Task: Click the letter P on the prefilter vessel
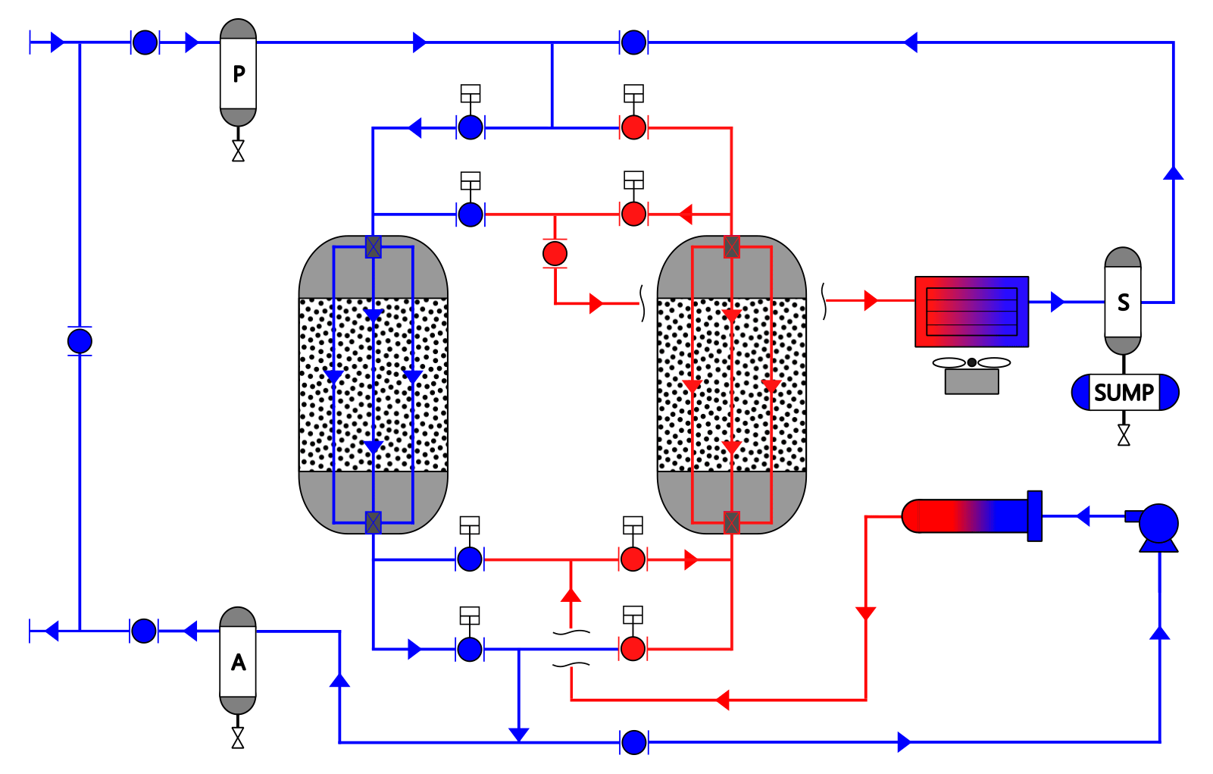click(238, 74)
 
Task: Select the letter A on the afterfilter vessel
click(238, 663)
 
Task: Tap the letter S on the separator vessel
click(1124, 302)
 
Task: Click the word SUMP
click(1124, 393)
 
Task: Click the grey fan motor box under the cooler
click(972, 381)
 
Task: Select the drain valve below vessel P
click(238, 151)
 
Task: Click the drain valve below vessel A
click(238, 738)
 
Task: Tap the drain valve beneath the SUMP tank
click(1124, 435)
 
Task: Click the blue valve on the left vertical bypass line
click(80, 341)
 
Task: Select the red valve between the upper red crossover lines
click(555, 253)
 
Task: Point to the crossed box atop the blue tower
click(373, 247)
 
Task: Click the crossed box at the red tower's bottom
click(732, 522)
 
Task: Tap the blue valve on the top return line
click(633, 42)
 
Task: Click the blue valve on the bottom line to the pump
click(633, 743)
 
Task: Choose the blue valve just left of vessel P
click(145, 42)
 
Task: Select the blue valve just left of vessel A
click(144, 631)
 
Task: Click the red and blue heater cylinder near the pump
click(972, 516)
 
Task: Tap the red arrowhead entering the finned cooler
click(871, 300)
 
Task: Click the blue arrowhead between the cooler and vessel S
click(1058, 302)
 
